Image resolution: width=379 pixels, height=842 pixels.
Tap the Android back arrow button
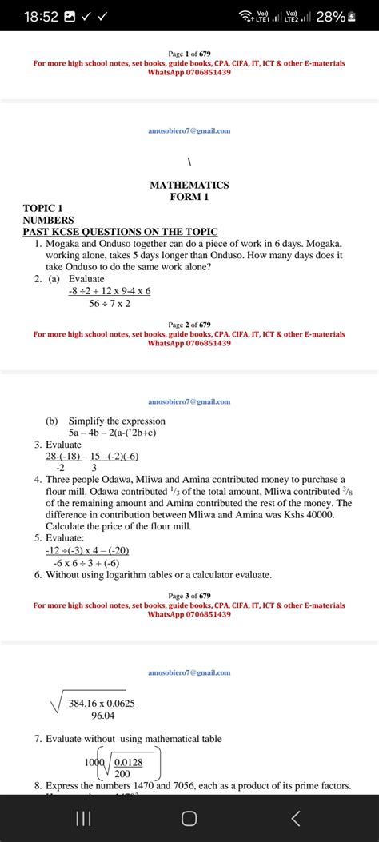[x=296, y=817]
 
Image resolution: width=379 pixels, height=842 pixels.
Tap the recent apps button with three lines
[x=82, y=817]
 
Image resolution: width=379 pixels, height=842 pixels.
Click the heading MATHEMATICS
[x=189, y=185]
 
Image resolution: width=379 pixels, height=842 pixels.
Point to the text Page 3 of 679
[x=189, y=596]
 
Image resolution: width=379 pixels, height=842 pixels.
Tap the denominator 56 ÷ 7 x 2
[x=110, y=303]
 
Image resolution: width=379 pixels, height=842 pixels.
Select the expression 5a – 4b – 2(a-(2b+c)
[x=112, y=433]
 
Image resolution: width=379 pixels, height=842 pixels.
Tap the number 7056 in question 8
[x=205, y=786]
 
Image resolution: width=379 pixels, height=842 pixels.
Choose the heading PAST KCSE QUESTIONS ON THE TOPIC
[x=121, y=231]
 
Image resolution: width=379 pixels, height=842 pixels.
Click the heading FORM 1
[x=189, y=197]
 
